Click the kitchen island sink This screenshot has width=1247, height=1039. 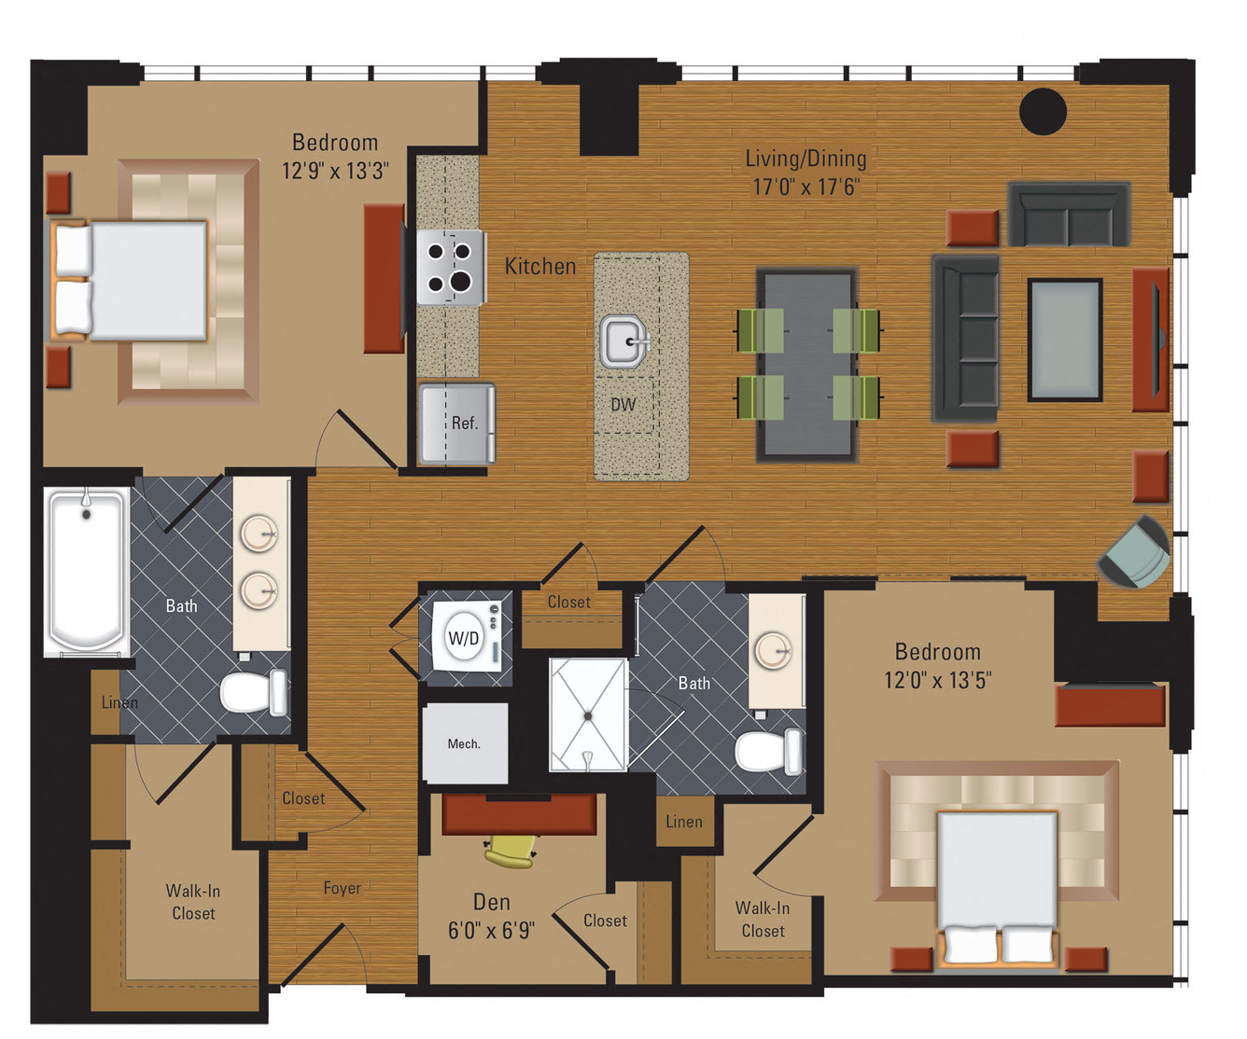click(x=624, y=341)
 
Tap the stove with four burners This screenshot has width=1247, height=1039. click(x=450, y=267)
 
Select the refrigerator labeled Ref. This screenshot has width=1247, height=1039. click(x=457, y=423)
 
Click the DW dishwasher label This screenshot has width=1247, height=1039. click(x=623, y=405)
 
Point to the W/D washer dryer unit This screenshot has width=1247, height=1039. click(x=464, y=638)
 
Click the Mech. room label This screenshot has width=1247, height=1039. click(x=464, y=743)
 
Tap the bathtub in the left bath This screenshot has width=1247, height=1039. click(x=87, y=571)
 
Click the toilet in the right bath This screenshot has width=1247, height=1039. click(x=768, y=751)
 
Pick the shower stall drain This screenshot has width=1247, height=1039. click(x=588, y=716)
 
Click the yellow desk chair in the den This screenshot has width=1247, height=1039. click(x=511, y=851)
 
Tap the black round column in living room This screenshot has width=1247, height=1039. click(x=1043, y=111)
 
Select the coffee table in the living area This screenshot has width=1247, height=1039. click(x=1065, y=340)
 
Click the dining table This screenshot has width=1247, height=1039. click(x=806, y=365)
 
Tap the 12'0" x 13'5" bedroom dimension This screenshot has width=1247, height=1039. click(x=937, y=680)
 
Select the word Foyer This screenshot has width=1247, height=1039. click(x=342, y=888)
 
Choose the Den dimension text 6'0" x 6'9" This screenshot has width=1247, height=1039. click(x=491, y=930)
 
